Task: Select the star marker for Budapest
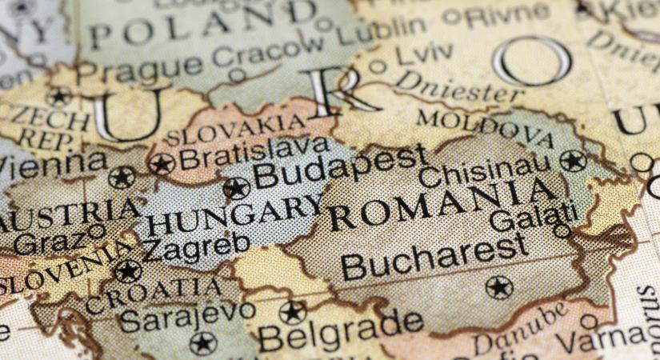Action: pos(236,189)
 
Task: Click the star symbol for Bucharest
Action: pos(498,286)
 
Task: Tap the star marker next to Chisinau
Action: pos(573,161)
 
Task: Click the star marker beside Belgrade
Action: pos(293,313)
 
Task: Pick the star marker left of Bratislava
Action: pos(162,164)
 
